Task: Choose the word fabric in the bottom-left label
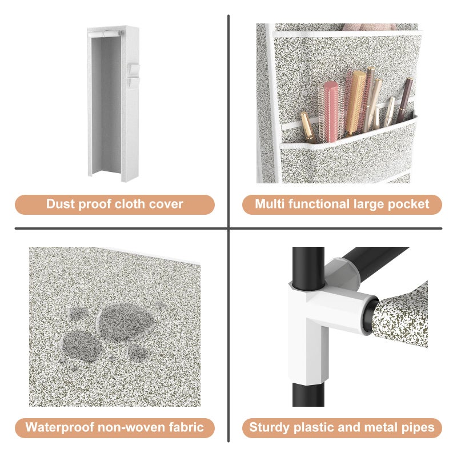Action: click(x=186, y=427)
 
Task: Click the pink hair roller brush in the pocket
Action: click(x=331, y=112)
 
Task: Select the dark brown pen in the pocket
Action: click(x=404, y=100)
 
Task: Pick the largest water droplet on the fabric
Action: click(x=125, y=322)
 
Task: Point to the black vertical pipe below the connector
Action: click(x=308, y=395)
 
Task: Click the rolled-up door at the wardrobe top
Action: click(x=105, y=34)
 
